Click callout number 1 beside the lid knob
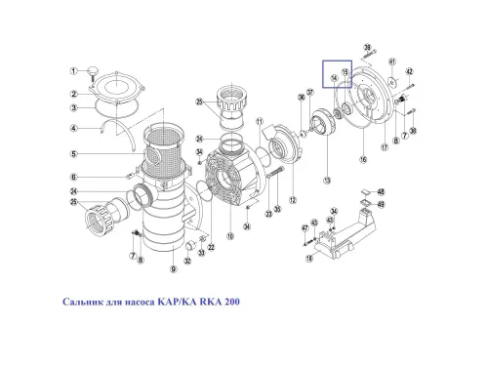(74, 71)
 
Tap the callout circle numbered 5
(74, 152)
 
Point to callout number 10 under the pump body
(229, 235)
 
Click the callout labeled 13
(326, 182)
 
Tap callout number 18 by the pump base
(309, 259)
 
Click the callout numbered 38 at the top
(368, 47)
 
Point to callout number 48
(381, 192)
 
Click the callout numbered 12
(292, 172)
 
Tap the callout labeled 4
(74, 127)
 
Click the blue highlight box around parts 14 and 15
(338, 74)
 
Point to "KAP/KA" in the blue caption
(172, 302)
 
